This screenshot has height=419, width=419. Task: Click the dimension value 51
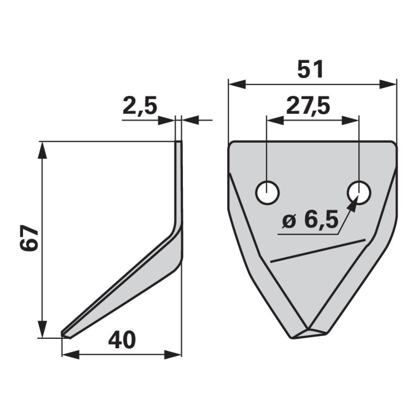[x=310, y=70]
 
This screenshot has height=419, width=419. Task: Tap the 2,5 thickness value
[x=140, y=105]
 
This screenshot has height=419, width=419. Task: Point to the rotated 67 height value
[x=29, y=238]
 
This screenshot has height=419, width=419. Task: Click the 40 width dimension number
[x=122, y=340]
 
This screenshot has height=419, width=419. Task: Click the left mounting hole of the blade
[x=268, y=192]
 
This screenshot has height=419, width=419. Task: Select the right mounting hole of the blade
[x=359, y=192]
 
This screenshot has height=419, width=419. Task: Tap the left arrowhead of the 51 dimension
[x=237, y=84]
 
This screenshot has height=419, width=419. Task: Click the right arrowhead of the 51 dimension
[x=388, y=84]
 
